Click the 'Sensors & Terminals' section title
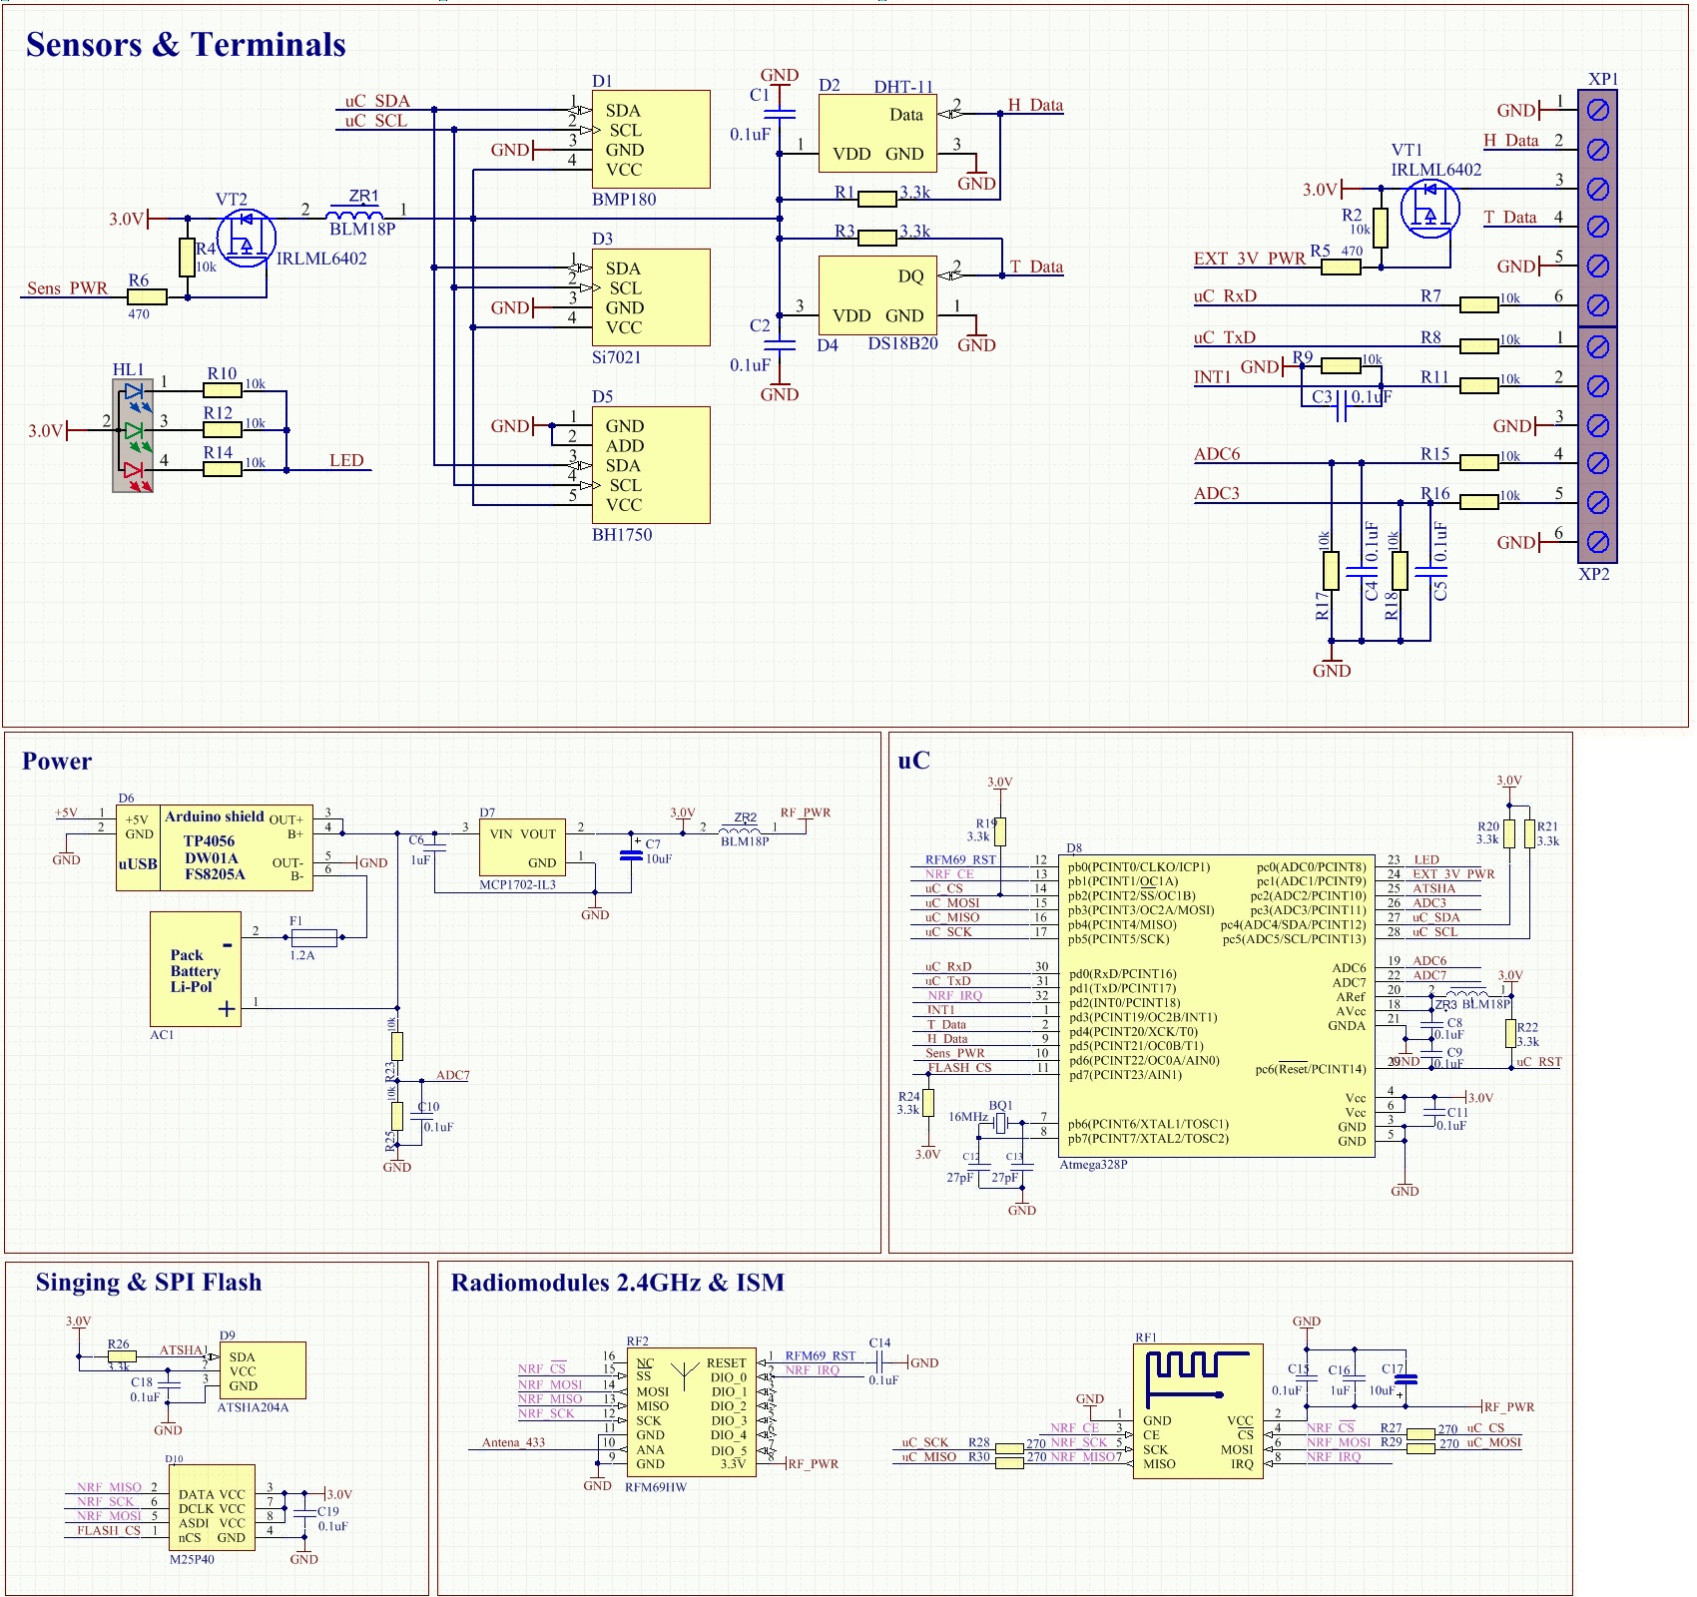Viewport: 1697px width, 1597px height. click(186, 45)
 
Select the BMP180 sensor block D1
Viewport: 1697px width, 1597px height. click(650, 140)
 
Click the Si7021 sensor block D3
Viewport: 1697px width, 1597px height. click(650, 297)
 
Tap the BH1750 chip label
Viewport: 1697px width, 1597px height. click(622, 535)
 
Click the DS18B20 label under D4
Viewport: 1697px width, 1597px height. click(902, 344)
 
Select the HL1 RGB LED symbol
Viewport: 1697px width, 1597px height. click(133, 435)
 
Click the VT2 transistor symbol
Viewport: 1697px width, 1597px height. click(246, 238)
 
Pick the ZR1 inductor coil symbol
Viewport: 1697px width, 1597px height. click(354, 213)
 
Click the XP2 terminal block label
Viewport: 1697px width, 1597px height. click(1593, 575)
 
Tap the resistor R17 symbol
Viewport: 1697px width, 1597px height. click(1331, 571)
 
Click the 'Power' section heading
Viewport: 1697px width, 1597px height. click(57, 762)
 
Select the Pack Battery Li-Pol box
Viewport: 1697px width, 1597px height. click(196, 969)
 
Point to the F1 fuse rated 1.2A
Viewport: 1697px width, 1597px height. click(313, 937)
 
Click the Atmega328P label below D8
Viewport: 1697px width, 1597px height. click(1093, 1165)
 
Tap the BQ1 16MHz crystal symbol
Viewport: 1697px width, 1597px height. click(1000, 1125)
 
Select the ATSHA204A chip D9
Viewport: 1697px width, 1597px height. click(263, 1370)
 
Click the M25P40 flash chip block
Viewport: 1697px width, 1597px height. click(212, 1508)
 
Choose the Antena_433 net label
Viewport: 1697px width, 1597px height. click(513, 1442)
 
